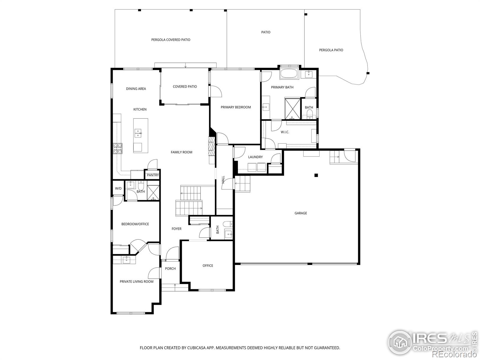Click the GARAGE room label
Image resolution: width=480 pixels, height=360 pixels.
(x=301, y=213)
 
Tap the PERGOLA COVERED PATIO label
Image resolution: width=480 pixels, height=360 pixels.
(x=170, y=40)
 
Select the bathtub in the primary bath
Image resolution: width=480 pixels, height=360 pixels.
(x=289, y=74)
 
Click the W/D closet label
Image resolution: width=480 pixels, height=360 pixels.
(x=118, y=188)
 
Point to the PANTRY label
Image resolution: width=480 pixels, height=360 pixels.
(x=153, y=175)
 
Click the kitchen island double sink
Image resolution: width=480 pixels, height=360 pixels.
(x=138, y=133)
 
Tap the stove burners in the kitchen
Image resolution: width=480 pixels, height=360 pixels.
(x=118, y=148)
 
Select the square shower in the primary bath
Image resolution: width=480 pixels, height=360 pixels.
(x=292, y=108)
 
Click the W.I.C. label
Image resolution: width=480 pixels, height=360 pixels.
(x=285, y=132)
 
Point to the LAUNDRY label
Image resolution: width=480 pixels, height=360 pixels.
(x=255, y=157)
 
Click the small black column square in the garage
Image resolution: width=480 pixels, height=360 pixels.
(x=316, y=175)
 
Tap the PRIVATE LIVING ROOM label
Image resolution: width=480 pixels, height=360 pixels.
(x=136, y=281)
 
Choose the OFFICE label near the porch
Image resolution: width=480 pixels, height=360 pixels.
(x=208, y=265)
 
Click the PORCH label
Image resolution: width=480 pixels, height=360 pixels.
(x=170, y=268)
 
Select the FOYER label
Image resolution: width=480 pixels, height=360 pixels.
(x=176, y=229)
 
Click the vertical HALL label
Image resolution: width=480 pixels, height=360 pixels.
(x=223, y=180)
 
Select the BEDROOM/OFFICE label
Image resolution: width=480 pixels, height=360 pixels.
(x=135, y=224)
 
